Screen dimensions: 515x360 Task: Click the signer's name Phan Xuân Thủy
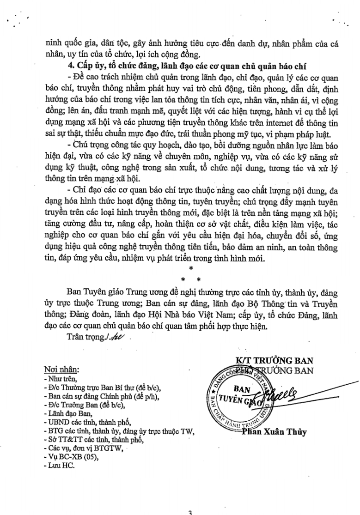[271, 432]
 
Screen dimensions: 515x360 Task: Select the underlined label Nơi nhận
[61, 370]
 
